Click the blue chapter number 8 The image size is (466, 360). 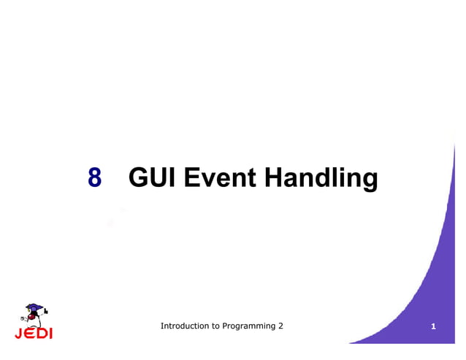point(94,177)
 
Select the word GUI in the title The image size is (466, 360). point(152,177)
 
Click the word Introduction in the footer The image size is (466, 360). point(184,326)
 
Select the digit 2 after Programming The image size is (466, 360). point(281,326)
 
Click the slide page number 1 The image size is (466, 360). point(434,326)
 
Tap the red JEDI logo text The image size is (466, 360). point(34,334)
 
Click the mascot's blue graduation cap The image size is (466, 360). point(34,307)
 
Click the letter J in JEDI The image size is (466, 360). point(19,334)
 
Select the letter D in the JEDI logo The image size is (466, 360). point(41,334)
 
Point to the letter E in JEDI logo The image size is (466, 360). point(29,334)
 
